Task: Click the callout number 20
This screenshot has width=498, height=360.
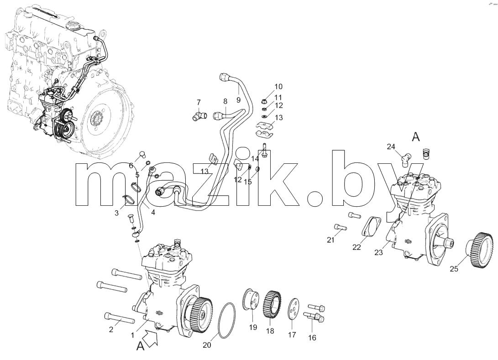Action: point(207,345)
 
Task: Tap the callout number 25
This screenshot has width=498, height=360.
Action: point(454,269)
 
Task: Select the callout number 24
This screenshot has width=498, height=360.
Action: point(391,146)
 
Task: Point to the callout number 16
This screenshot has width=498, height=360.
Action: point(312,338)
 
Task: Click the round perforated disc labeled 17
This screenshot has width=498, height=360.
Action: point(293,308)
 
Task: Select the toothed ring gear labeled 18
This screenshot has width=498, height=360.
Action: point(272,304)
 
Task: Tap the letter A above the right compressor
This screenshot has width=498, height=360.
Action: point(416,137)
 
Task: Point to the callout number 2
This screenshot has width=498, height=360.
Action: point(111,329)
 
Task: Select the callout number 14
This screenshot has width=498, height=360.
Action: point(255,158)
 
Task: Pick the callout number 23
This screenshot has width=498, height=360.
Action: point(378,253)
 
